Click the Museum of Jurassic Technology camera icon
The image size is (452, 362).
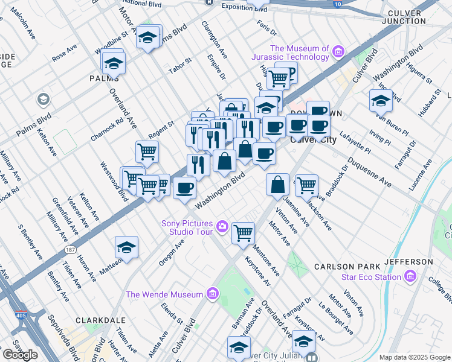tap(337, 52)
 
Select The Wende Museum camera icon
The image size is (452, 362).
tap(212, 294)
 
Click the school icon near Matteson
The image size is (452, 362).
tap(126, 247)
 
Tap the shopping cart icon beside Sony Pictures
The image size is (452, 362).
tap(242, 232)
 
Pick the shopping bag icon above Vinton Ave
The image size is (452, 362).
tap(277, 184)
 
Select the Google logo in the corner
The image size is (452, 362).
tap(20, 355)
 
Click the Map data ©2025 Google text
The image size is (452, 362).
tap(415, 357)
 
